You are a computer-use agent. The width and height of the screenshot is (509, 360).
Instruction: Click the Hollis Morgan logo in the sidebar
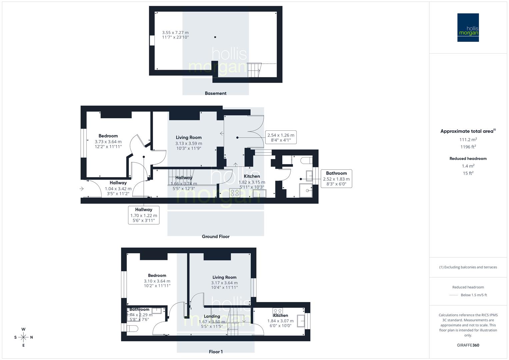pyautogui.click(x=468, y=27)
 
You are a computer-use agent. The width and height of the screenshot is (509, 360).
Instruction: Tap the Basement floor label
pyautogui.click(x=215, y=93)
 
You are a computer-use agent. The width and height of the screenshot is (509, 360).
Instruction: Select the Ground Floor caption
pyautogui.click(x=215, y=236)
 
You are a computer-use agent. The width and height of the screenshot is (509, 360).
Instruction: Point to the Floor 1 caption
pyautogui.click(x=215, y=352)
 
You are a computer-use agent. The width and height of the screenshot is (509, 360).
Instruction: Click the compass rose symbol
pyautogui.click(x=23, y=337)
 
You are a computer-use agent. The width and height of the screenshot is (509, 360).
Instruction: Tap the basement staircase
pyautogui.click(x=255, y=70)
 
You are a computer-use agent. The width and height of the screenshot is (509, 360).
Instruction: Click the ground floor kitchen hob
pyautogui.click(x=235, y=193)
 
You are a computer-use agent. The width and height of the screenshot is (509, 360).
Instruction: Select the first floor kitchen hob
pyautogui.click(x=277, y=311)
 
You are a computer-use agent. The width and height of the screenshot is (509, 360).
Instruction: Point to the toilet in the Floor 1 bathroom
pyautogui.click(x=133, y=329)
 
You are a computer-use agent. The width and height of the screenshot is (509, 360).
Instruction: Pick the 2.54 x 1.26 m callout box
pyautogui.click(x=281, y=137)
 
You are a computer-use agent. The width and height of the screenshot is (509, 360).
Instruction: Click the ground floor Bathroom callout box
pyautogui.click(x=336, y=178)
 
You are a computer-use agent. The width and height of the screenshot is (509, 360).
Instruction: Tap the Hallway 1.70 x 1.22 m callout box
pyautogui.click(x=144, y=215)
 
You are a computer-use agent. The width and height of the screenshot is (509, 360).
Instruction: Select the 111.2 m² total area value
pyautogui.click(x=468, y=140)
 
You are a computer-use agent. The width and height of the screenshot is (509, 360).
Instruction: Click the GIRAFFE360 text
pyautogui.click(x=468, y=345)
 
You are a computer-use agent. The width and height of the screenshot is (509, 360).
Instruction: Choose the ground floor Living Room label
pyautogui.click(x=189, y=137)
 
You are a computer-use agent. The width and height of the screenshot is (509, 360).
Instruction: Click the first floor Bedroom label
pyautogui.click(x=157, y=275)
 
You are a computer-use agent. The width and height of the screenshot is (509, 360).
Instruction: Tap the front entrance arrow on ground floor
pyautogui.click(x=82, y=189)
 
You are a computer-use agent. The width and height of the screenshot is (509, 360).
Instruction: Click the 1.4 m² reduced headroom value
pyautogui.click(x=468, y=166)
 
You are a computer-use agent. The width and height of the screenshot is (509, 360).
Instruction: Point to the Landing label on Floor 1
pyautogui.click(x=212, y=316)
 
